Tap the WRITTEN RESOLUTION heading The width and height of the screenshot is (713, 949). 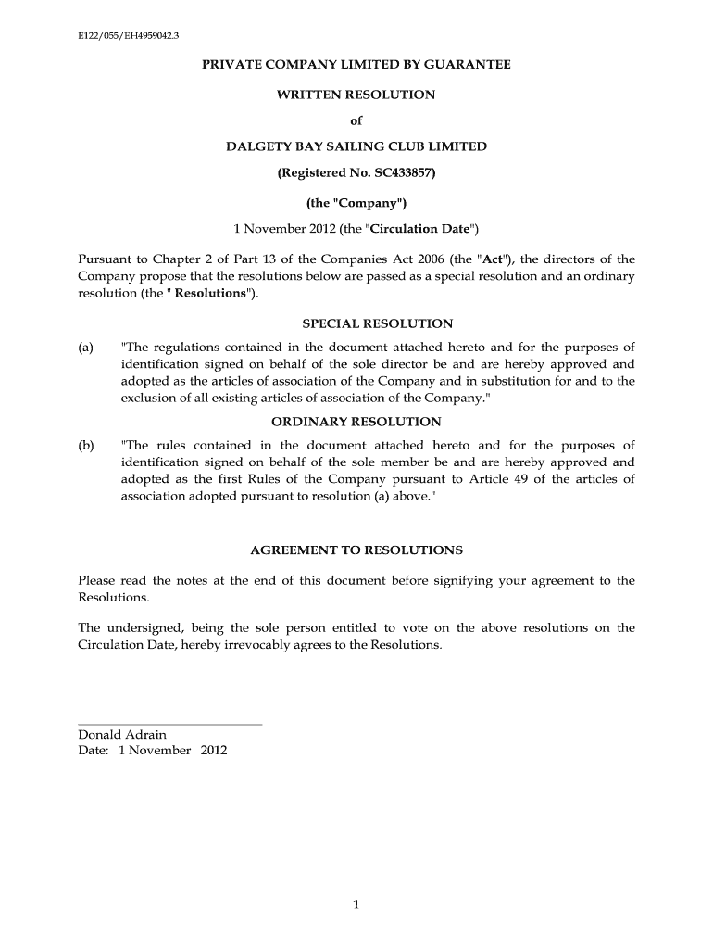(x=356, y=95)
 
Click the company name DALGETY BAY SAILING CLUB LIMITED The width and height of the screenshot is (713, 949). (x=356, y=146)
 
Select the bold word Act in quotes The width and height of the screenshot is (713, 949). (x=485, y=259)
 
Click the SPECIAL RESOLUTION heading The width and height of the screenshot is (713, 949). (x=378, y=323)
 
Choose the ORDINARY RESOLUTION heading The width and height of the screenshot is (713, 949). (x=356, y=422)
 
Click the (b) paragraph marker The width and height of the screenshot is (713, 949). (x=86, y=446)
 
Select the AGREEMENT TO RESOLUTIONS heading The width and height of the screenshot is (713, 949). (x=356, y=550)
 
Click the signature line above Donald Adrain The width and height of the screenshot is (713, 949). (x=170, y=724)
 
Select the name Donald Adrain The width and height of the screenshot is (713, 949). (x=122, y=735)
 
